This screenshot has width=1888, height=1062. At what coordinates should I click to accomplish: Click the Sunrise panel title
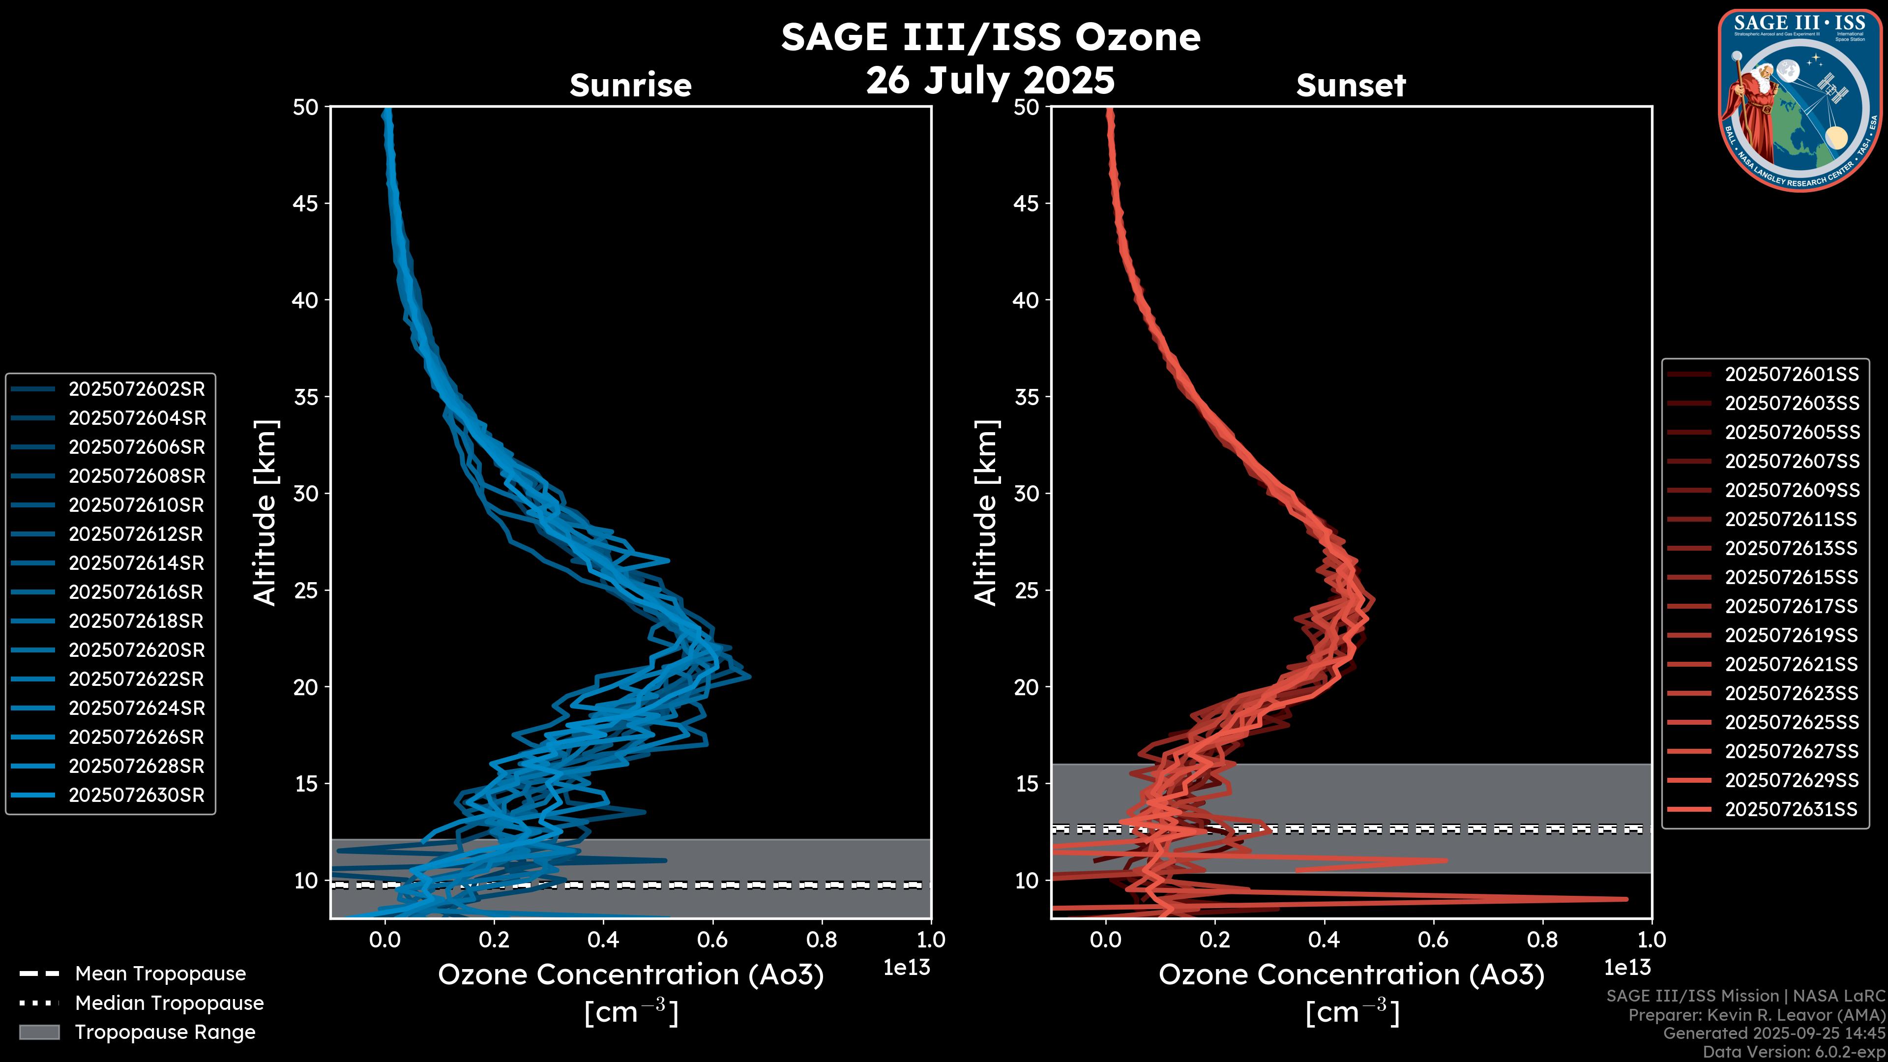coord(630,85)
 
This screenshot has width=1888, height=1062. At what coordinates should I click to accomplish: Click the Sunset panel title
coord(1351,85)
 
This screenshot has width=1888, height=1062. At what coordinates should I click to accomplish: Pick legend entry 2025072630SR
coord(136,795)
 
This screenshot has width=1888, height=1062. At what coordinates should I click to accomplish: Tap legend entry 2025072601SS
coord(1791,375)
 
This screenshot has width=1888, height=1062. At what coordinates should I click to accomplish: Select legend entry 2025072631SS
coord(1791,809)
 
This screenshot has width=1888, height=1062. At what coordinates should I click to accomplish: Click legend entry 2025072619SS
coord(1791,635)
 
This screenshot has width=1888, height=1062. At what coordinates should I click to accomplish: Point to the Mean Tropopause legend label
coord(160,974)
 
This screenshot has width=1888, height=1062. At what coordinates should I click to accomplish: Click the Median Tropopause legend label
coord(169,1003)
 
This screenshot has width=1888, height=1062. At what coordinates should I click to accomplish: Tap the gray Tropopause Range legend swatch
coord(39,1032)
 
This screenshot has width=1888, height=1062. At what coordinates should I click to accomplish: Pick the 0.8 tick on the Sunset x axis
coord(1542,940)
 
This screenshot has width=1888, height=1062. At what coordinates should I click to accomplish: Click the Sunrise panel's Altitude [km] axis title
coord(265,513)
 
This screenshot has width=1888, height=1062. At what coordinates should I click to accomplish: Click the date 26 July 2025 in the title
coord(990,80)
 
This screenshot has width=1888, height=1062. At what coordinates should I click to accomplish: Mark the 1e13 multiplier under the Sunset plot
coord(1627,968)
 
